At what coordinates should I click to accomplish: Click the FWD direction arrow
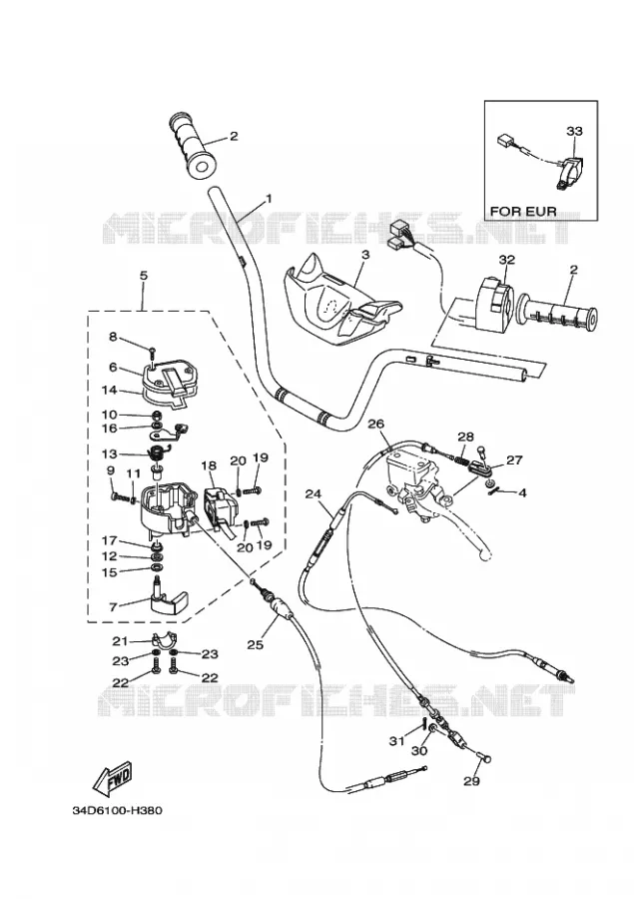[113, 778]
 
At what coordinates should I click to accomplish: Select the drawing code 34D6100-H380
[118, 811]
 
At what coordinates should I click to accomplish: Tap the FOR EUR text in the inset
[523, 211]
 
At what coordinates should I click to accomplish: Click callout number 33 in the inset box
[574, 131]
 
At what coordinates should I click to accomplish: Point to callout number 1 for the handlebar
[269, 199]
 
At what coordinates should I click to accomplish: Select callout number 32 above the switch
[507, 260]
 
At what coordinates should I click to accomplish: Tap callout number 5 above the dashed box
[144, 276]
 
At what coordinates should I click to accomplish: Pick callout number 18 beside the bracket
[209, 464]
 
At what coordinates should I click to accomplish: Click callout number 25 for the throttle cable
[255, 644]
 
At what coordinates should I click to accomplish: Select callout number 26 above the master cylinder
[375, 425]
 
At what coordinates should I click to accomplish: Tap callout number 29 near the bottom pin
[471, 781]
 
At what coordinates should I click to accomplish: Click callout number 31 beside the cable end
[396, 741]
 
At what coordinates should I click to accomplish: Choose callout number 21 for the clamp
[119, 641]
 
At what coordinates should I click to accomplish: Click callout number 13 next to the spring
[109, 454]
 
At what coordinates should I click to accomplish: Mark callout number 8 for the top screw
[113, 337]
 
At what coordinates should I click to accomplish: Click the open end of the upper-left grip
[202, 166]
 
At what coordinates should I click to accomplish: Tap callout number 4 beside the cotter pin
[521, 492]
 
